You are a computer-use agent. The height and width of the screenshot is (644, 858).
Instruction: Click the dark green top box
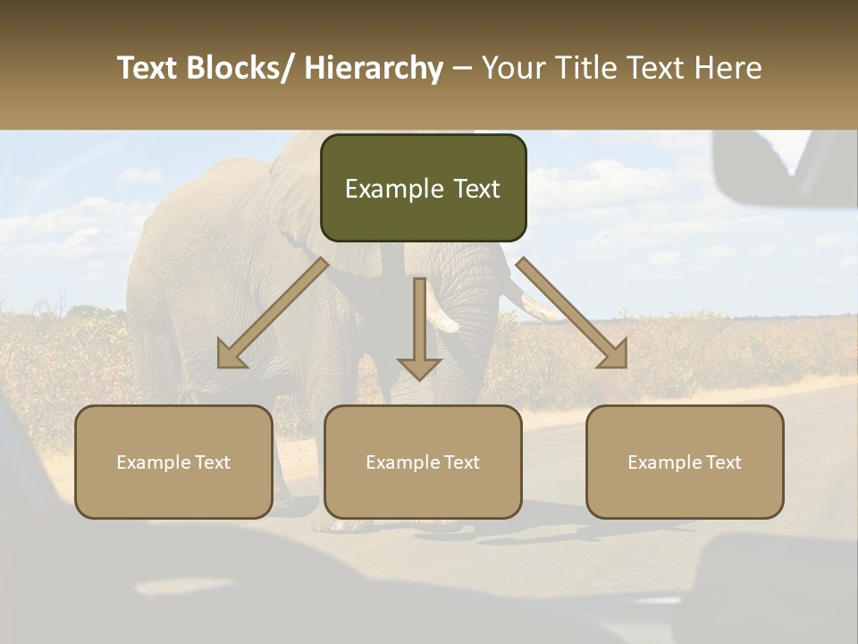click(x=423, y=188)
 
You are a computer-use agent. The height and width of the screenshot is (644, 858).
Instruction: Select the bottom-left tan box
click(x=173, y=462)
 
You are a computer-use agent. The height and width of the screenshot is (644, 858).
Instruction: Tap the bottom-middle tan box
click(x=423, y=462)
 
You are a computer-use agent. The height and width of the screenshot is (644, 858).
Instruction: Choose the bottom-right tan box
click(x=685, y=462)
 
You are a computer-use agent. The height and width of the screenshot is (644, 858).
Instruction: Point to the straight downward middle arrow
click(x=419, y=331)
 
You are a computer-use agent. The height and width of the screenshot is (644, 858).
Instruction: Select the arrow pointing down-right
click(x=573, y=314)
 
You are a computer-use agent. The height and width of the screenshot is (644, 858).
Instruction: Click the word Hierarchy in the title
click(x=374, y=68)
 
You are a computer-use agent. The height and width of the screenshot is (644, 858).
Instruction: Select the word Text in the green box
click(x=475, y=189)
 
